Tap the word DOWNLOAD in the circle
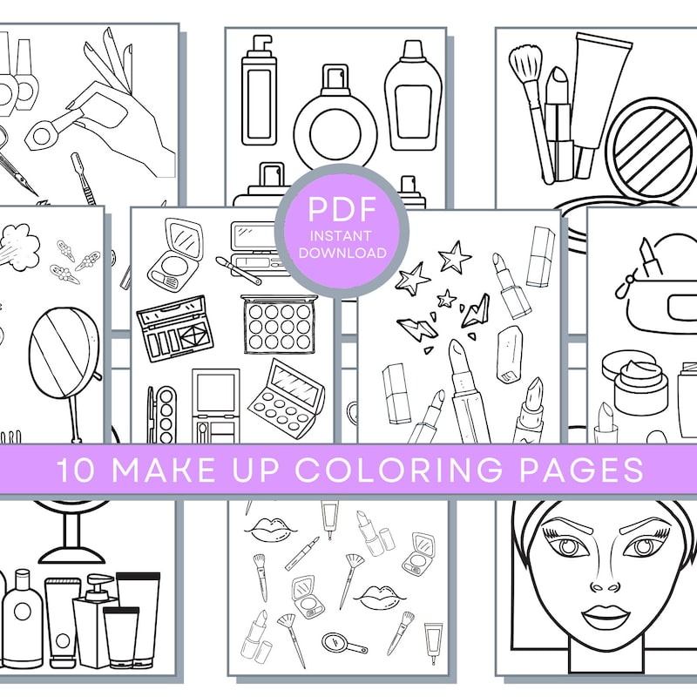341,253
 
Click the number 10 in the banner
75,470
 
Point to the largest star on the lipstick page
456,256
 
